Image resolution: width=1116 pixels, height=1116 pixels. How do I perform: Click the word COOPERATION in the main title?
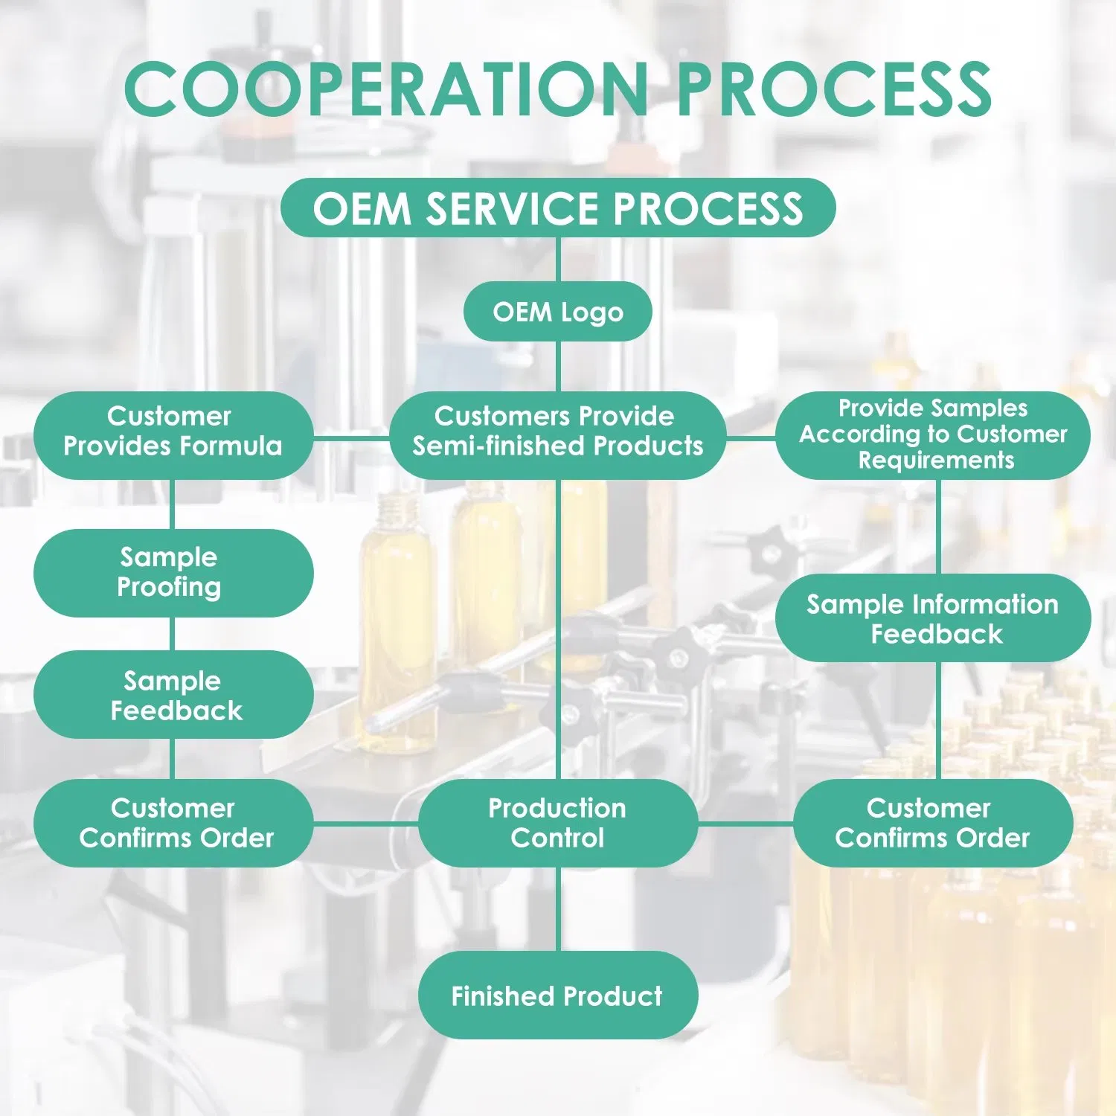coord(385,89)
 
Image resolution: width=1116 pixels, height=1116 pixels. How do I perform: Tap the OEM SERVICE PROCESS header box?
coord(558,208)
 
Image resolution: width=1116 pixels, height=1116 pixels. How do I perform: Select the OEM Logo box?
coord(558,312)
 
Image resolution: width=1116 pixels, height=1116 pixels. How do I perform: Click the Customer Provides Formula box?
coord(173,435)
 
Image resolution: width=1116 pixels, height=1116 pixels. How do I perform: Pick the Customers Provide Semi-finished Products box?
coord(558,435)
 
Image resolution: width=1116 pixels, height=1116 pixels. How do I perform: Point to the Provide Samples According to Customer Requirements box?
coord(933,435)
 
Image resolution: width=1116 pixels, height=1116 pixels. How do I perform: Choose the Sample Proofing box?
coord(173,573)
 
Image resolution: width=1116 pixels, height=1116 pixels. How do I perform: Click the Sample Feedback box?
coord(173,695)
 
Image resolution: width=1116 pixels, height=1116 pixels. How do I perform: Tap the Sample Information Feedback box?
coord(933,618)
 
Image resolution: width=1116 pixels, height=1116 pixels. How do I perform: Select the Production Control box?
coord(558,823)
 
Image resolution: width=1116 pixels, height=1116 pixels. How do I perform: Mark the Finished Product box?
coord(558,995)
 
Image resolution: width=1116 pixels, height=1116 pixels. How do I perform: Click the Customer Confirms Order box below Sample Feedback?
coord(173,823)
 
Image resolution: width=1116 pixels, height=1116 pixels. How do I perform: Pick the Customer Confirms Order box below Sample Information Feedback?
coord(933,823)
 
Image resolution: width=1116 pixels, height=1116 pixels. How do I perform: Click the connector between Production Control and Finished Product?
coord(558,909)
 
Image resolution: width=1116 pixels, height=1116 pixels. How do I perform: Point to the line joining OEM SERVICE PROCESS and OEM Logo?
coord(558,260)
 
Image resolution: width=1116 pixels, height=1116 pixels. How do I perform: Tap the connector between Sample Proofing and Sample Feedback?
coord(173,634)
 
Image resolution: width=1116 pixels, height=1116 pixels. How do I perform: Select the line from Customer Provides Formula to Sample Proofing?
coord(173,504)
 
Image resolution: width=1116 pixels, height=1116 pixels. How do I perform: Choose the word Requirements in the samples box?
coord(936,461)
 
